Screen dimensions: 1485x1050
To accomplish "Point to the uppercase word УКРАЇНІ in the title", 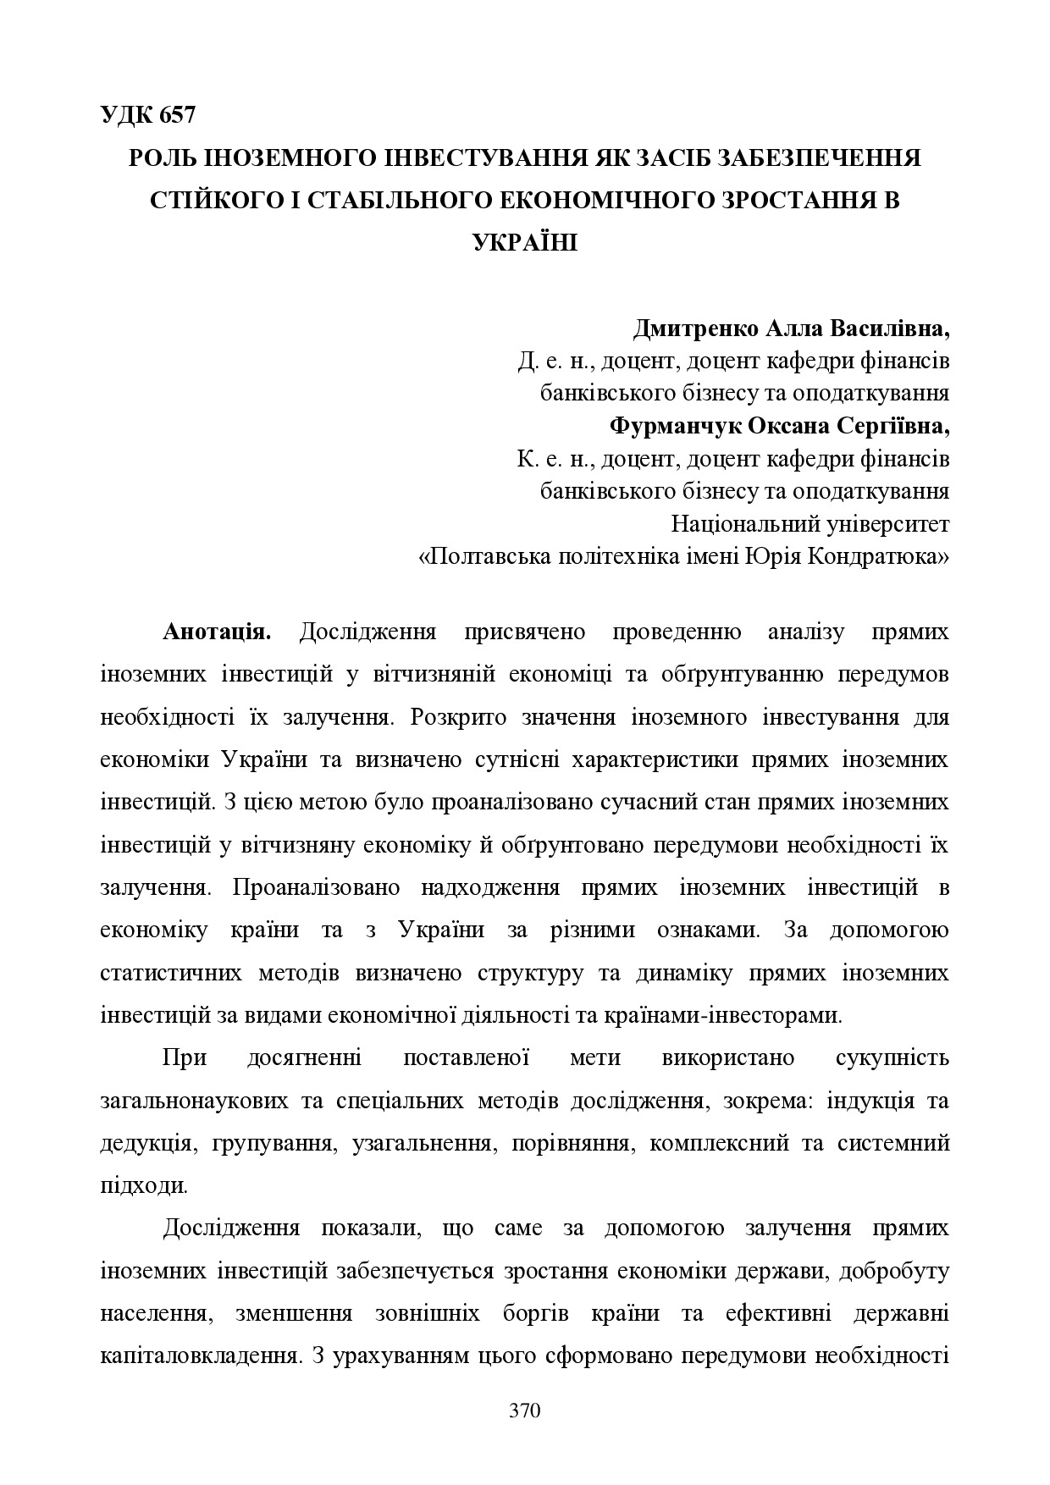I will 524,242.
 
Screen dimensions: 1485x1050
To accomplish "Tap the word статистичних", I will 170,973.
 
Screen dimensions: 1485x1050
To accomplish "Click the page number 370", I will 524,1411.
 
